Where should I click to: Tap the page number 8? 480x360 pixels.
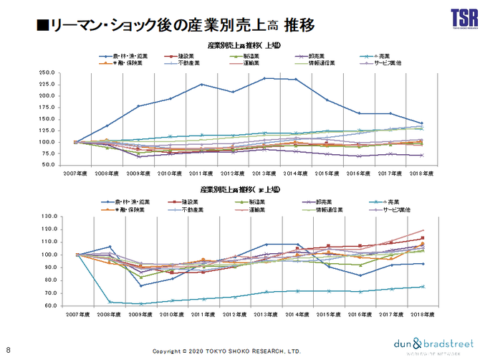click(x=8, y=341)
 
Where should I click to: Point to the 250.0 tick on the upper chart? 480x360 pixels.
click(x=47, y=73)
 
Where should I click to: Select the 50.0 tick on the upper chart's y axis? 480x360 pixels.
click(x=49, y=165)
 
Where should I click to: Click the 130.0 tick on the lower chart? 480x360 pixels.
click(x=47, y=216)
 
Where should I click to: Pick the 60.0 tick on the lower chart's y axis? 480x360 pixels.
click(x=49, y=306)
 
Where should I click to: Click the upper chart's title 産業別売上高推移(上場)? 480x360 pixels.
click(x=243, y=45)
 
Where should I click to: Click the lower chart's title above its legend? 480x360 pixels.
click(x=243, y=189)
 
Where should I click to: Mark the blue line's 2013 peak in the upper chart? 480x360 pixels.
click(x=265, y=78)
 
